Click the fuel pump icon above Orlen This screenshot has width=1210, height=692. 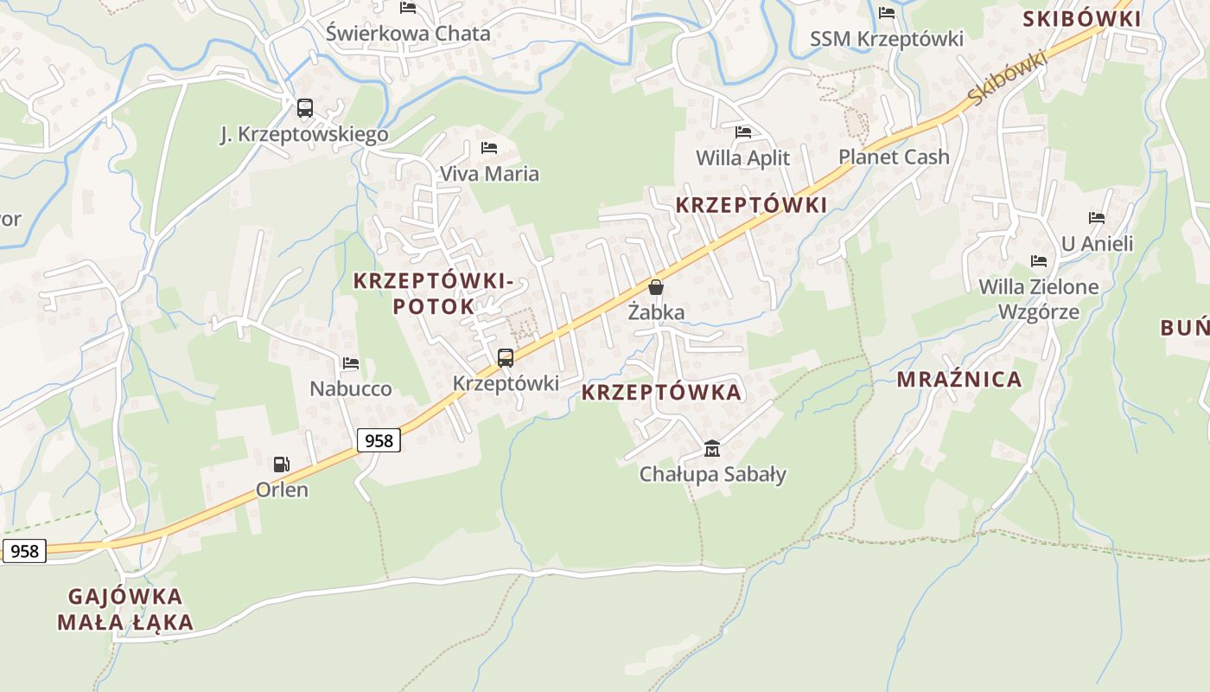coord(281,465)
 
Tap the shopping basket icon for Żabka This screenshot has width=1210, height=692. coord(656,287)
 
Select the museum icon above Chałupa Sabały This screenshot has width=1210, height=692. coord(712,448)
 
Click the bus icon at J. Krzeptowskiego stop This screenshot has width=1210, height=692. coord(304,108)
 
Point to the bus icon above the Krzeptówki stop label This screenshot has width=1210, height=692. coord(506,357)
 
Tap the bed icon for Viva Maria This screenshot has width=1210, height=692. coord(489,148)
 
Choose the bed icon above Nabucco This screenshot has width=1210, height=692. coord(350,363)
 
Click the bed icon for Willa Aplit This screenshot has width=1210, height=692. coord(742,132)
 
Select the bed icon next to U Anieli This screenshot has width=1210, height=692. coord(1097,218)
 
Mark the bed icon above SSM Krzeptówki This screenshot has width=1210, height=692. coord(887,13)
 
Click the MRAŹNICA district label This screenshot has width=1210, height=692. coord(959,379)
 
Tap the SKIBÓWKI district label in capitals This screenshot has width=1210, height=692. coord(1081,19)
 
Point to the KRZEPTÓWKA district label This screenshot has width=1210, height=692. coord(661,392)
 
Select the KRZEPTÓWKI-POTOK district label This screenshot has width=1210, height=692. coord(434,293)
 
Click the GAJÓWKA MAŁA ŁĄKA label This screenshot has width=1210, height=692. coord(125,609)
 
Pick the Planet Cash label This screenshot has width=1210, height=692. coord(894,157)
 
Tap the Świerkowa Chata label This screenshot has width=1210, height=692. coord(408,34)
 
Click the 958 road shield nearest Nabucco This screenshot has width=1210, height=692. coord(379,440)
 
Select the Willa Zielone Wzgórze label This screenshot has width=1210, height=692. coord(1039,298)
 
